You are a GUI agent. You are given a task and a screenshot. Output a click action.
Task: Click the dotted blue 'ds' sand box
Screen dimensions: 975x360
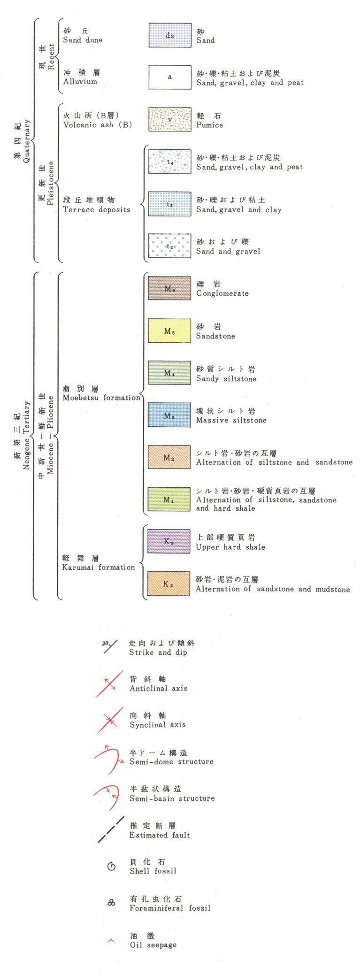(170, 35)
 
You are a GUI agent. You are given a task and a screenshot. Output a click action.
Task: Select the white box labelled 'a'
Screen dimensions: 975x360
(170, 77)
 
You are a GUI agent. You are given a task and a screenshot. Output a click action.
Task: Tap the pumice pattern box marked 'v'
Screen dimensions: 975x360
(170, 119)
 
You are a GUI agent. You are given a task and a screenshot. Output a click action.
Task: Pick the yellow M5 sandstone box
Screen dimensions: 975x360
(169, 331)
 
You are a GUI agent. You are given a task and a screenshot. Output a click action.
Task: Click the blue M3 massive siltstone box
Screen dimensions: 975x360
(169, 415)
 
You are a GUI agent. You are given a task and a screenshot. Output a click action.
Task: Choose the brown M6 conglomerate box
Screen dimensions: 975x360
(169, 288)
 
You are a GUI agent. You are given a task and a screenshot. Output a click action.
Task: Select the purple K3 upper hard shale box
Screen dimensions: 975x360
(169, 541)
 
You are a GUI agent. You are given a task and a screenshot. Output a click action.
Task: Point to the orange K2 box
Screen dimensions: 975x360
(169, 583)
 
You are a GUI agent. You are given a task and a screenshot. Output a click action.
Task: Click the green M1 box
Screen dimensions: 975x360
(169, 499)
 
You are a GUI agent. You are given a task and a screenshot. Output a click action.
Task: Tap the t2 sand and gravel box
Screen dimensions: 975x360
(169, 246)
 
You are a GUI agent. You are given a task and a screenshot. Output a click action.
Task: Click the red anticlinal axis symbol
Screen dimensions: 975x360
(110, 683)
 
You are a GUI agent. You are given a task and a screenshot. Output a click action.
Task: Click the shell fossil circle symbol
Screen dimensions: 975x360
(111, 867)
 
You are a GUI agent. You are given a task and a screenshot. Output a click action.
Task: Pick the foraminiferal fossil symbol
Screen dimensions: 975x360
(111, 903)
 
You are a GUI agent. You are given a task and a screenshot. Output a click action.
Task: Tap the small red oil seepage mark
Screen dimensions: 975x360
(111, 941)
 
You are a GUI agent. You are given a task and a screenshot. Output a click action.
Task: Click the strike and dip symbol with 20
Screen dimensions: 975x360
(110, 647)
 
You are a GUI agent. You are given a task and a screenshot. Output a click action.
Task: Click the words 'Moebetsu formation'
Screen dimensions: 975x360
(101, 398)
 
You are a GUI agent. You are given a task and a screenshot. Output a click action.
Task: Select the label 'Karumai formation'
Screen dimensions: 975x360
(99, 567)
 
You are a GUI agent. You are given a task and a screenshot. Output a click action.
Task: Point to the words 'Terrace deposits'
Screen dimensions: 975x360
(97, 209)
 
